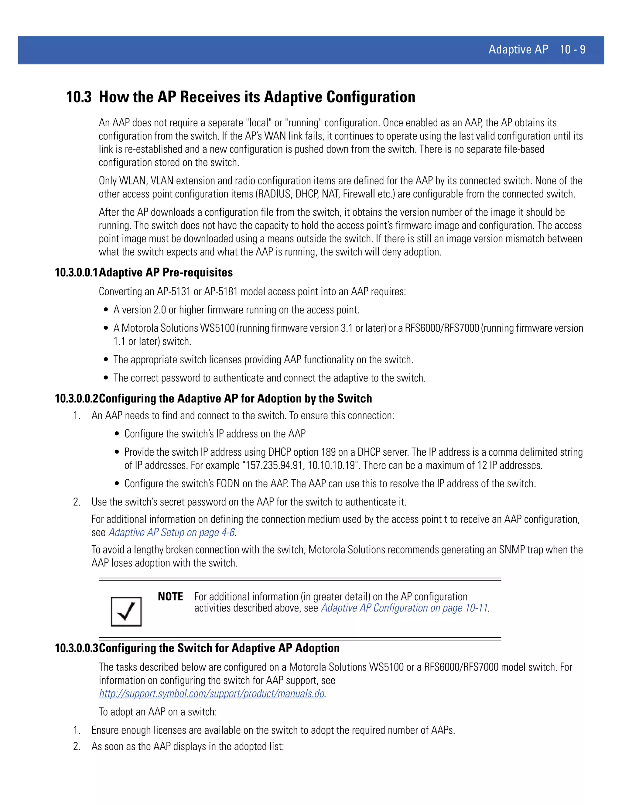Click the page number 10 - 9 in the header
(x=572, y=50)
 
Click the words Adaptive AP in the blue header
(x=518, y=50)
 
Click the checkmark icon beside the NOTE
(x=126, y=611)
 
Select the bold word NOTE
(x=170, y=597)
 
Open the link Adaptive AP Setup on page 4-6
(x=172, y=533)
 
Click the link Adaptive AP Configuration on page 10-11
(x=405, y=608)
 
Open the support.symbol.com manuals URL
(x=211, y=694)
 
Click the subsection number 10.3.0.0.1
(x=76, y=273)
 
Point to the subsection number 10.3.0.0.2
(x=76, y=399)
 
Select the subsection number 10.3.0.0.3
(x=76, y=648)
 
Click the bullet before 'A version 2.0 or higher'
(x=106, y=310)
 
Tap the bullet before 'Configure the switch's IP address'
(x=117, y=434)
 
